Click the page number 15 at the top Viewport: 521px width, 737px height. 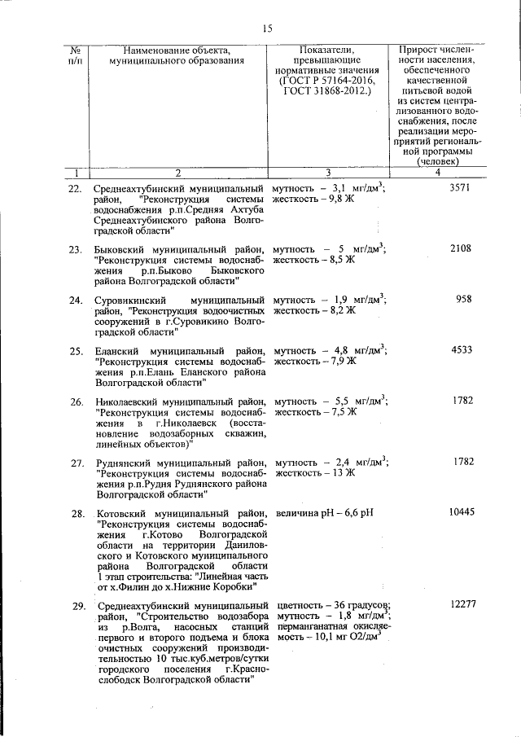(266, 29)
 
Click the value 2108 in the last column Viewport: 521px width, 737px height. (460, 248)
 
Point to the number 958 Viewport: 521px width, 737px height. (463, 299)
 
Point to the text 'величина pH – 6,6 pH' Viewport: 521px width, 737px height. (324, 514)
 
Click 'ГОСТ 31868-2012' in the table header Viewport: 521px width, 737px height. (325, 90)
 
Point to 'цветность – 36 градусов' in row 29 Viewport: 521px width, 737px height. (332, 605)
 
